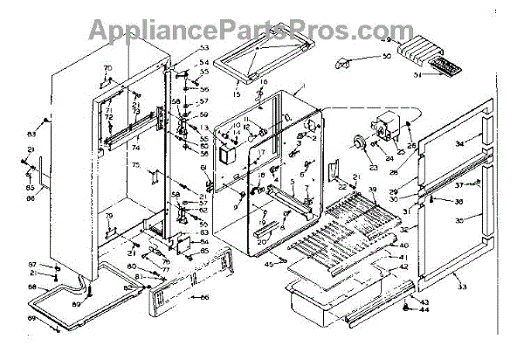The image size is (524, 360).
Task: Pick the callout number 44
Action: click(x=425, y=310)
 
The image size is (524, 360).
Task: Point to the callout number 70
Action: click(x=109, y=67)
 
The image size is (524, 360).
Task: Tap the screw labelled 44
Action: click(x=408, y=308)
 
